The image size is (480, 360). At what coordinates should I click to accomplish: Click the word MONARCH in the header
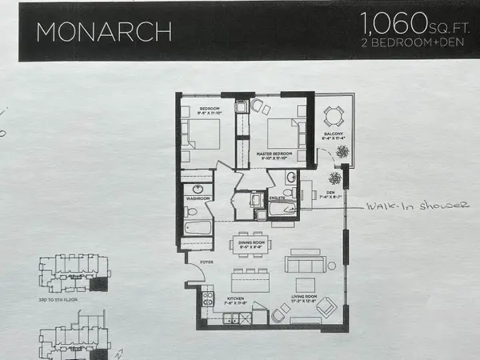point(103,30)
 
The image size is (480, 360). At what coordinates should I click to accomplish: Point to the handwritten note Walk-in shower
point(416,206)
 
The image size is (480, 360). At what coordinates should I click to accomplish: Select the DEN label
point(323,193)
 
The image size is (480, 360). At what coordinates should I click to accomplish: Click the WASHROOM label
point(197,196)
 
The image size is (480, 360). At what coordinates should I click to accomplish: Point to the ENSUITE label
point(278,196)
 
